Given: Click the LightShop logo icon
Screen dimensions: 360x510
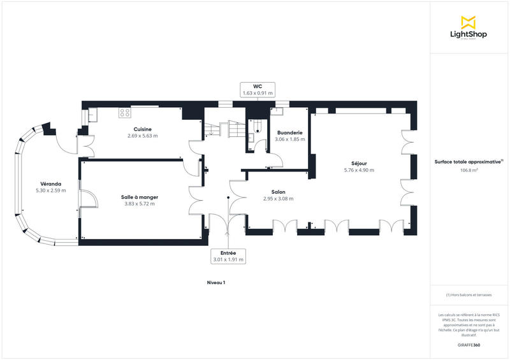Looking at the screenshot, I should click(x=469, y=22).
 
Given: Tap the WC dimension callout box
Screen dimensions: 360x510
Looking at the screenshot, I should click(x=258, y=89).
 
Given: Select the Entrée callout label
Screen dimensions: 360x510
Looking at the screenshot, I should click(x=228, y=256).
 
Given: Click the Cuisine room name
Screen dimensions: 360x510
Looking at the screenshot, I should click(x=142, y=129).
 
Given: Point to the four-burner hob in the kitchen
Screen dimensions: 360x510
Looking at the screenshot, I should click(x=125, y=113).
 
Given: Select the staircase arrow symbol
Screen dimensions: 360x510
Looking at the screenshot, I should click(x=211, y=133).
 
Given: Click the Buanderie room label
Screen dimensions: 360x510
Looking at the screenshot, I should click(x=289, y=133).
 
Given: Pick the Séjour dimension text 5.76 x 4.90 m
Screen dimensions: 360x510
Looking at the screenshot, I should click(x=359, y=170).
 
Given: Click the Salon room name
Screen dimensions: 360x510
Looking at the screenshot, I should click(x=278, y=192).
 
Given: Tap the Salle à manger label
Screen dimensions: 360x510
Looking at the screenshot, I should click(x=140, y=197).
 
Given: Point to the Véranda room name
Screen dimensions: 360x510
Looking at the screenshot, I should click(x=50, y=184).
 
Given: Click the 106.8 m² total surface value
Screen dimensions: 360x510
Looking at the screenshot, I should click(x=469, y=170).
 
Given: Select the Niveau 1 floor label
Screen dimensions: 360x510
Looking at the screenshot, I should click(x=216, y=282).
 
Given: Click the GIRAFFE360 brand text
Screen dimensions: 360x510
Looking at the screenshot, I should click(x=469, y=345).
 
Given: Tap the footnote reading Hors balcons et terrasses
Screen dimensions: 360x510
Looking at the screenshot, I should click(x=469, y=294).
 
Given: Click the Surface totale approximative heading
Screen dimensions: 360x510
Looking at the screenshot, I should click(x=469, y=162).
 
